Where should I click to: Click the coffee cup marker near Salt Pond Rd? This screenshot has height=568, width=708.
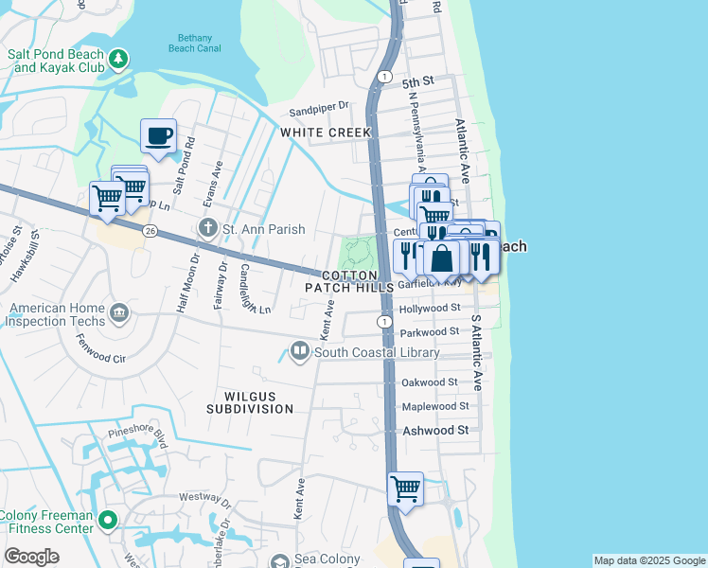click(x=158, y=135)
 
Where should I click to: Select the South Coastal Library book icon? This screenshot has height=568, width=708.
click(x=300, y=352)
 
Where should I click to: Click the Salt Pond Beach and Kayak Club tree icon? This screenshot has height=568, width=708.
click(x=118, y=60)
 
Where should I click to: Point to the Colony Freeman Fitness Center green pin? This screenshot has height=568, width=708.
click(x=108, y=520)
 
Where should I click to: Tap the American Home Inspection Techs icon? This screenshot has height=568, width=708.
click(x=118, y=312)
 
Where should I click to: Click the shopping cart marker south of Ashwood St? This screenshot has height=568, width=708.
click(x=405, y=489)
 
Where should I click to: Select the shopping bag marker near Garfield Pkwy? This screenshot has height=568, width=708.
click(x=442, y=257)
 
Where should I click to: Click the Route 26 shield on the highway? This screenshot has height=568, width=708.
click(x=150, y=230)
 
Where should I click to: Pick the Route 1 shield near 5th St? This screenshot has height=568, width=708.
click(x=383, y=76)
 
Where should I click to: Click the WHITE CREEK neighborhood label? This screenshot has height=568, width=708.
click(x=326, y=133)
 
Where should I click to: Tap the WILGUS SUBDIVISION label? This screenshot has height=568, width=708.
click(x=251, y=400)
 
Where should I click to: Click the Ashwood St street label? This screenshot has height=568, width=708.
click(x=436, y=430)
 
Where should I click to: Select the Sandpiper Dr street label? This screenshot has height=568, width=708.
click(x=320, y=108)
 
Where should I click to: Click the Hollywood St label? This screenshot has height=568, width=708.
click(x=430, y=308)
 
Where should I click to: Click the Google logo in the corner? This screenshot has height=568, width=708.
click(x=32, y=557)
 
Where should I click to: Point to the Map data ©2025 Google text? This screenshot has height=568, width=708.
click(x=649, y=560)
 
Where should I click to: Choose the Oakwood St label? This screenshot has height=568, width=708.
click(x=430, y=382)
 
